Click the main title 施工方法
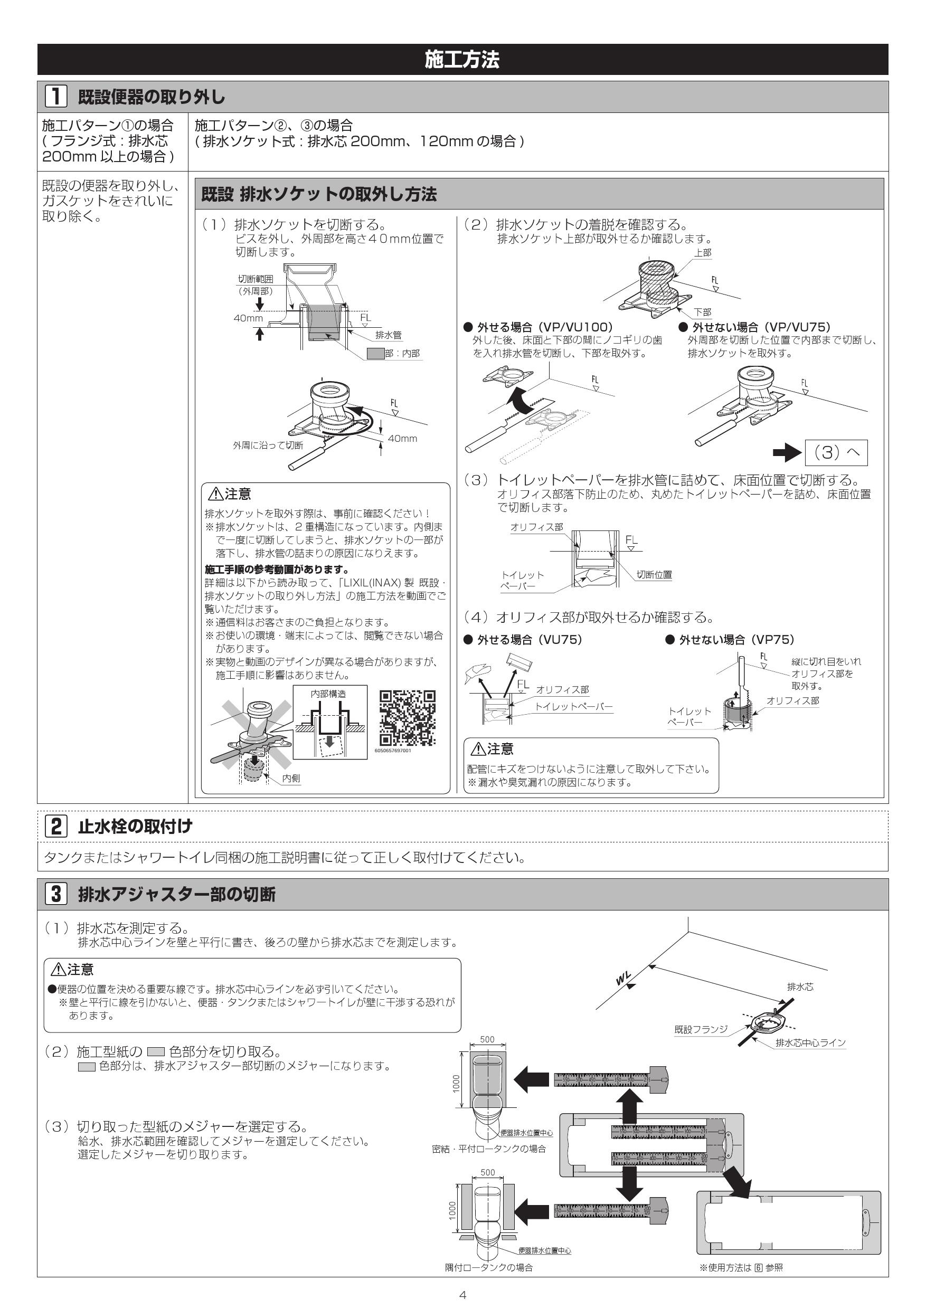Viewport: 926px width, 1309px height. pyautogui.click(x=462, y=59)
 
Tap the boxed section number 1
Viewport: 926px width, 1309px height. pyautogui.click(x=56, y=97)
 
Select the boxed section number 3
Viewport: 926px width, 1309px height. pyautogui.click(x=56, y=894)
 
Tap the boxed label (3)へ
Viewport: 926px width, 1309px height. pyautogui.click(x=836, y=453)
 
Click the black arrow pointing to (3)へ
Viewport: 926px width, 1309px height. pyautogui.click(x=787, y=453)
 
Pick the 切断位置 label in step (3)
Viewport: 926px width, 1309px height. pyautogui.click(x=654, y=574)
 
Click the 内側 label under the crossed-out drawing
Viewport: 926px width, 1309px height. pyautogui.click(x=291, y=778)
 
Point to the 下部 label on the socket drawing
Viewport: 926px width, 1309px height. pyautogui.click(x=703, y=312)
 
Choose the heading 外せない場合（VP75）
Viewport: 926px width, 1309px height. pyautogui.click(x=736, y=640)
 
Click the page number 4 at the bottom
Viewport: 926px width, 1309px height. pyautogui.click(x=462, y=1295)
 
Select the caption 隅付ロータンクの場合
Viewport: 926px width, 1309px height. pyautogui.click(x=489, y=1267)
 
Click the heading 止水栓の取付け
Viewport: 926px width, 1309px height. pyautogui.click(x=135, y=826)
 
